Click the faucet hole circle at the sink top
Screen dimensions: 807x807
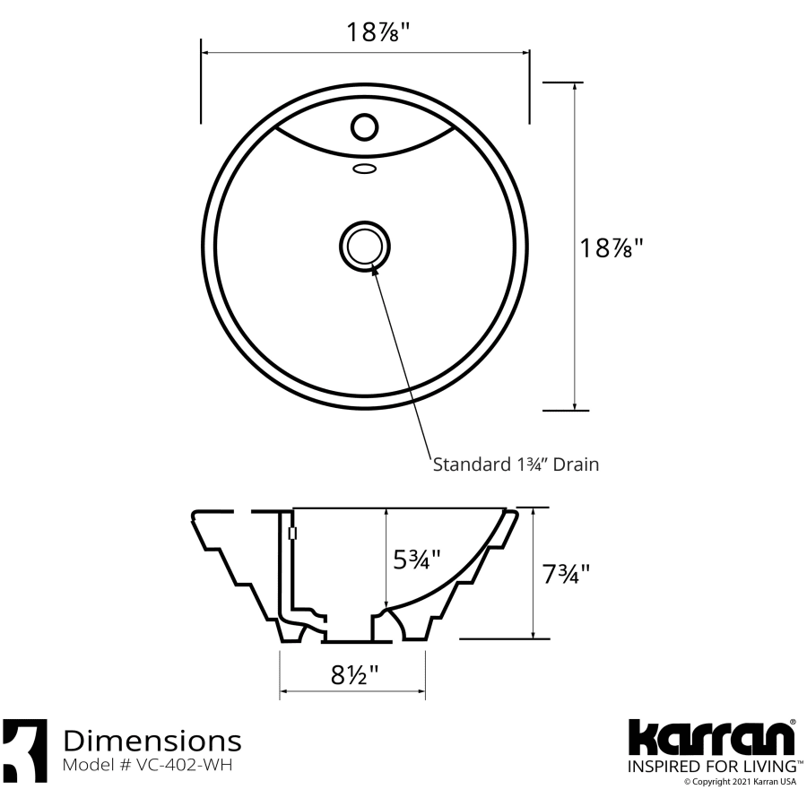pyautogui.click(x=364, y=126)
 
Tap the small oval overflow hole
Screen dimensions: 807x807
pyautogui.click(x=364, y=168)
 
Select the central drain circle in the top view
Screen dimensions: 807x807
pyautogui.click(x=364, y=245)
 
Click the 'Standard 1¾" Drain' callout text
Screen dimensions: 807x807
pyautogui.click(x=516, y=464)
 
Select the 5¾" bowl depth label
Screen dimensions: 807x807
pyautogui.click(x=418, y=560)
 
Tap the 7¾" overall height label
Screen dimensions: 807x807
pyautogui.click(x=567, y=573)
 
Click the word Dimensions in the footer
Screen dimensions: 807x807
pyautogui.click(x=152, y=741)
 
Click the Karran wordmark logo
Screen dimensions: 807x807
pyautogui.click(x=710, y=739)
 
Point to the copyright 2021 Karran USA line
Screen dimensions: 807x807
pyautogui.click(x=740, y=782)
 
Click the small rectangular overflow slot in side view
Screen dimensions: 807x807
pyautogui.click(x=292, y=534)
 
